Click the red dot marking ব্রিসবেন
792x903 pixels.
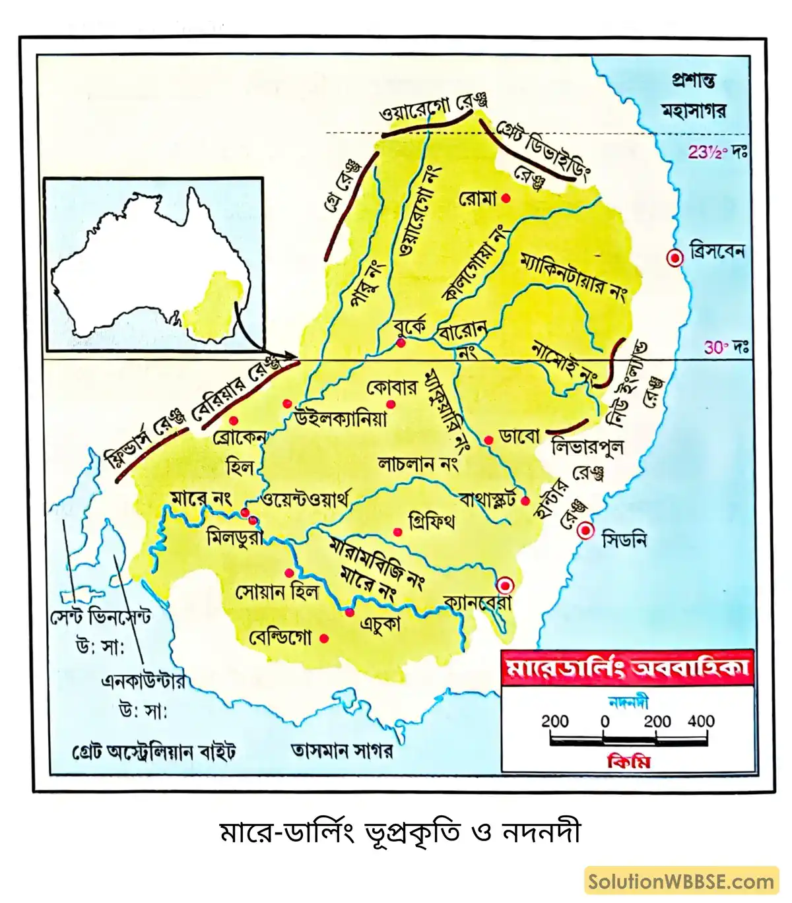675,259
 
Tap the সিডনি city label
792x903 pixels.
624,540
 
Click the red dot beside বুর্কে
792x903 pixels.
401,343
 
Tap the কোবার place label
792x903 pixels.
392,387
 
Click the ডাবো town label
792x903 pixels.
519,437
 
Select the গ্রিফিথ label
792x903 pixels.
432,520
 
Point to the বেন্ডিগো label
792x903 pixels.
280,638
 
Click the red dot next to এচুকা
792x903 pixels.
350,613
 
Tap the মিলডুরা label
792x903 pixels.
234,538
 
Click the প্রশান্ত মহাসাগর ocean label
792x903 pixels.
693,96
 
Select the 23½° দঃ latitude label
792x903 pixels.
717,152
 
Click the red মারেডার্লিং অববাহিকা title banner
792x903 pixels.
627,667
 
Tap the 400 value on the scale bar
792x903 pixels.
700,721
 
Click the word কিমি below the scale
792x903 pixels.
628,762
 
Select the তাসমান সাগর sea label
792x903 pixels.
342,751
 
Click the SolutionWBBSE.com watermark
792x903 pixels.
681,881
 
